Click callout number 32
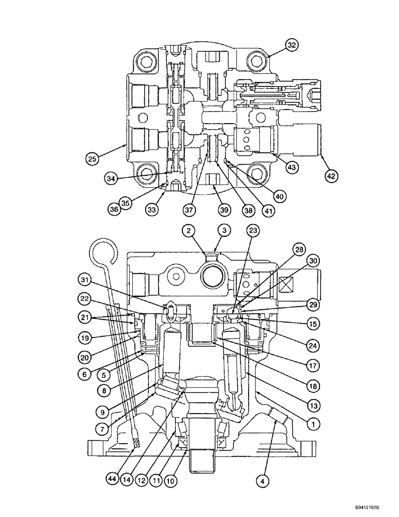(x=292, y=45)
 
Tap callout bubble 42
(x=331, y=176)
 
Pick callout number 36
(x=114, y=209)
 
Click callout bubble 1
(x=311, y=423)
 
